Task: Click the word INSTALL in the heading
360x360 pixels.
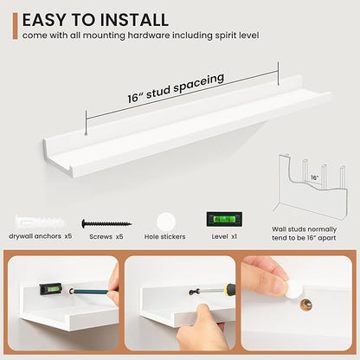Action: pos(132,20)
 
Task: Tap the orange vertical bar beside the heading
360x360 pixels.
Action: pos(15,26)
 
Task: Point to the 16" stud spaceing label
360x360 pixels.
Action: pos(176,87)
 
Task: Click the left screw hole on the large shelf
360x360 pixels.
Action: pos(86,134)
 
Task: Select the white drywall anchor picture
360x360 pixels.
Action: pos(40,222)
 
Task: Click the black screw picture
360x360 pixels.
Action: pos(106,223)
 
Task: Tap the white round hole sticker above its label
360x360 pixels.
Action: pos(166,222)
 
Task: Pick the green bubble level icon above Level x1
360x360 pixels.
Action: pos(224,219)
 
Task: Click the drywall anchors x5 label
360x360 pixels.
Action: pos(40,236)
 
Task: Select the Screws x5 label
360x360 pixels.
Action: pos(106,236)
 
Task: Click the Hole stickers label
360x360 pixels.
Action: pos(164,237)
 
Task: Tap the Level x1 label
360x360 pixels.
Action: pos(224,236)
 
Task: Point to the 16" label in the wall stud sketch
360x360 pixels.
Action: pos(315,177)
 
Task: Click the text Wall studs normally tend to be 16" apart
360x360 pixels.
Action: pos(304,234)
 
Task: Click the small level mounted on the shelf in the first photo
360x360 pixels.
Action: pos(51,289)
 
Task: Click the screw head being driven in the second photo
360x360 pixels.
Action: pos(193,292)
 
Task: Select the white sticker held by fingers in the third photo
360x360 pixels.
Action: pos(294,289)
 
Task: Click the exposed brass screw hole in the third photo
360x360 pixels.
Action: pos(306,305)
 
